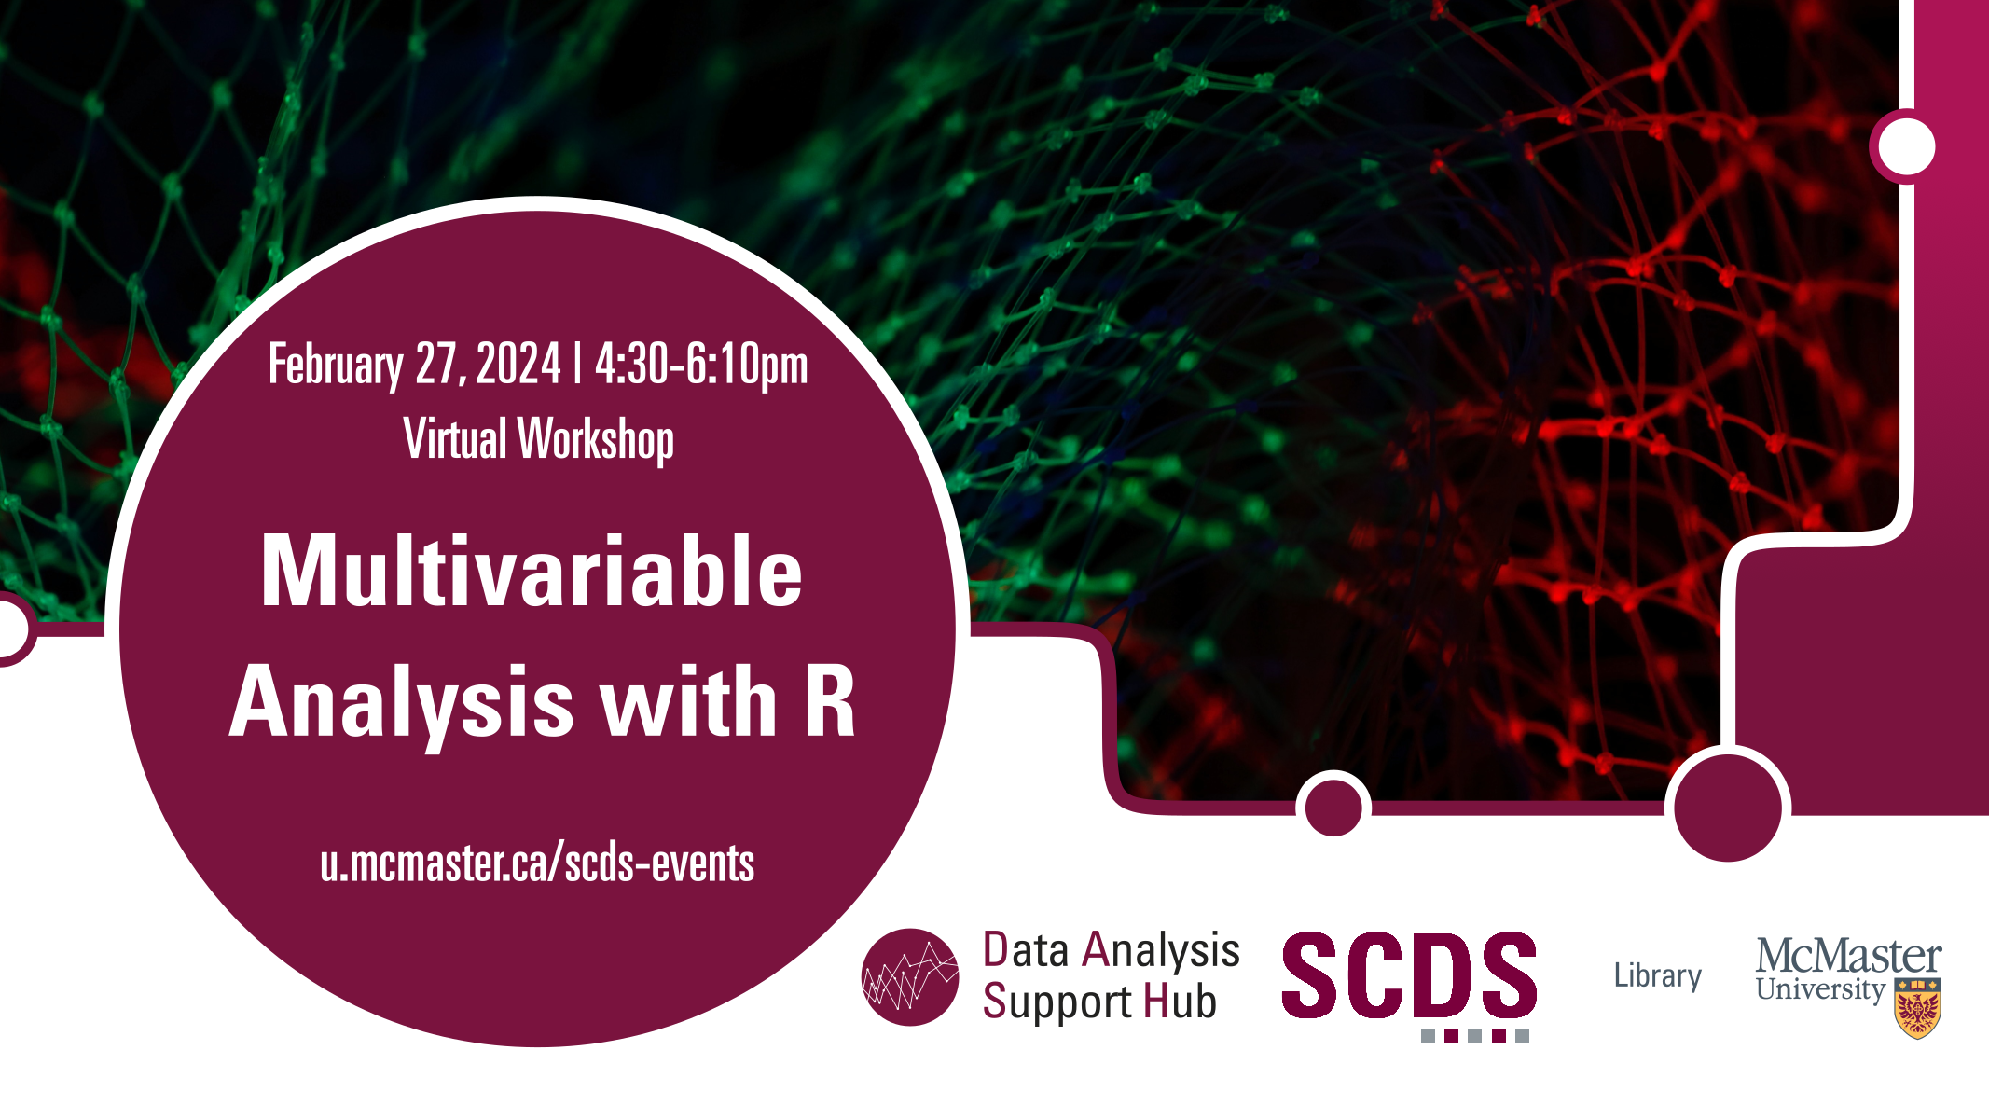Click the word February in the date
[x=336, y=365]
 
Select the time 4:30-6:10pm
[x=701, y=365]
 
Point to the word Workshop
[x=595, y=440]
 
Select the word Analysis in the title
[x=401, y=704]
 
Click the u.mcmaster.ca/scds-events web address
[x=537, y=863]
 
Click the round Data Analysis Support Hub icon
[x=910, y=977]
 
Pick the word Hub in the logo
[x=1180, y=1002]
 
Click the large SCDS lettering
[x=1409, y=974]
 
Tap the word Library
[x=1657, y=976]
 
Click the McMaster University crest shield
[x=1917, y=1008]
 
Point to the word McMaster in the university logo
[x=1848, y=957]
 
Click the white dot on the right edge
[x=1907, y=146]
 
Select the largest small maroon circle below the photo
[x=1728, y=808]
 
